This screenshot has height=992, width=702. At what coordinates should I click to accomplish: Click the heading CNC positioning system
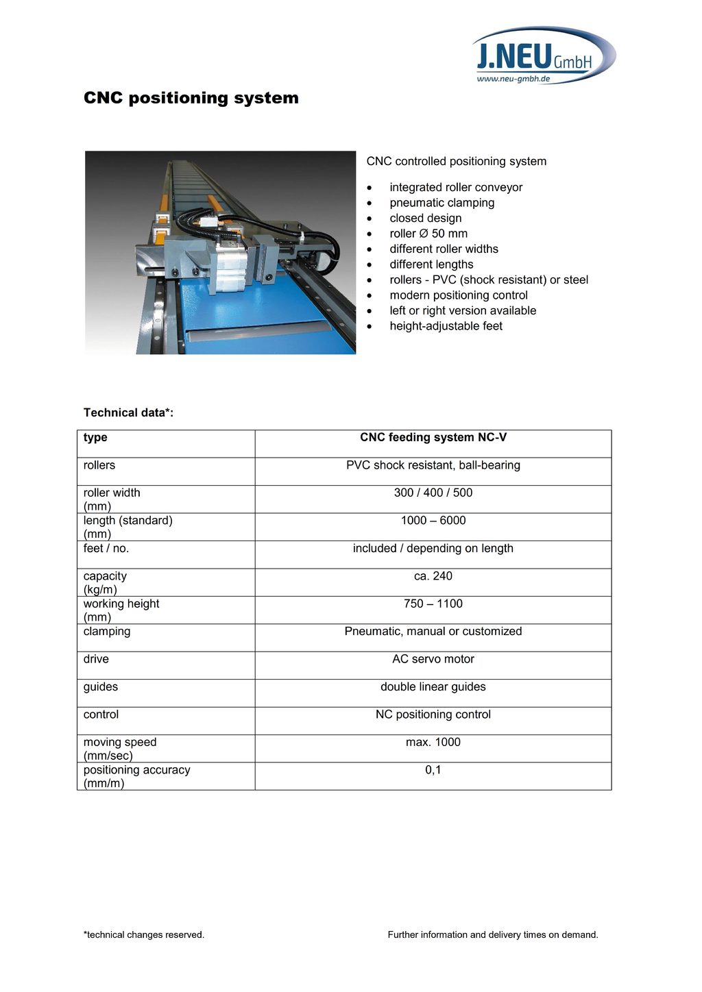191,98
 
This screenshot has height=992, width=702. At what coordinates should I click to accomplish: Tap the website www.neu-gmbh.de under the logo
513,79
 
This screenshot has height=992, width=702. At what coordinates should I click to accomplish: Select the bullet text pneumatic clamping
441,203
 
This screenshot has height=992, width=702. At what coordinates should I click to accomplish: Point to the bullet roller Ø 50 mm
428,234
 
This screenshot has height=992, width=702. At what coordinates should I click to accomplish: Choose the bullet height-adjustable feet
446,326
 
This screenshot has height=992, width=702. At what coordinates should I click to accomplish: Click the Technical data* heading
128,412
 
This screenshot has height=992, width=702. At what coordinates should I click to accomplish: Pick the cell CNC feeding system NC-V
433,438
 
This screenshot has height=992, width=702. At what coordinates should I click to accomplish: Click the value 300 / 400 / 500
433,493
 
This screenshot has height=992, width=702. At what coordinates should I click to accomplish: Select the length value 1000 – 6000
433,521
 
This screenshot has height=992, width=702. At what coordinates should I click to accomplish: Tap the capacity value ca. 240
433,576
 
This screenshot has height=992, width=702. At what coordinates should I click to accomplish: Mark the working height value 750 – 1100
433,604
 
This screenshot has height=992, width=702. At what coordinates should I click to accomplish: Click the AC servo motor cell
433,659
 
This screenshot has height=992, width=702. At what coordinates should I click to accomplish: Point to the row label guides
101,687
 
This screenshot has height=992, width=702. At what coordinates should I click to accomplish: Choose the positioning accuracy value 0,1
433,770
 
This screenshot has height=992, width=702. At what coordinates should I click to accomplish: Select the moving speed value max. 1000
433,742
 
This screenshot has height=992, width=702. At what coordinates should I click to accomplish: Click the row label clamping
107,632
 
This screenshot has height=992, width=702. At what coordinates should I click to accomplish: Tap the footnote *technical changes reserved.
144,934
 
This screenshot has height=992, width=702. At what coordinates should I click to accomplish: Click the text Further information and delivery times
493,934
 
